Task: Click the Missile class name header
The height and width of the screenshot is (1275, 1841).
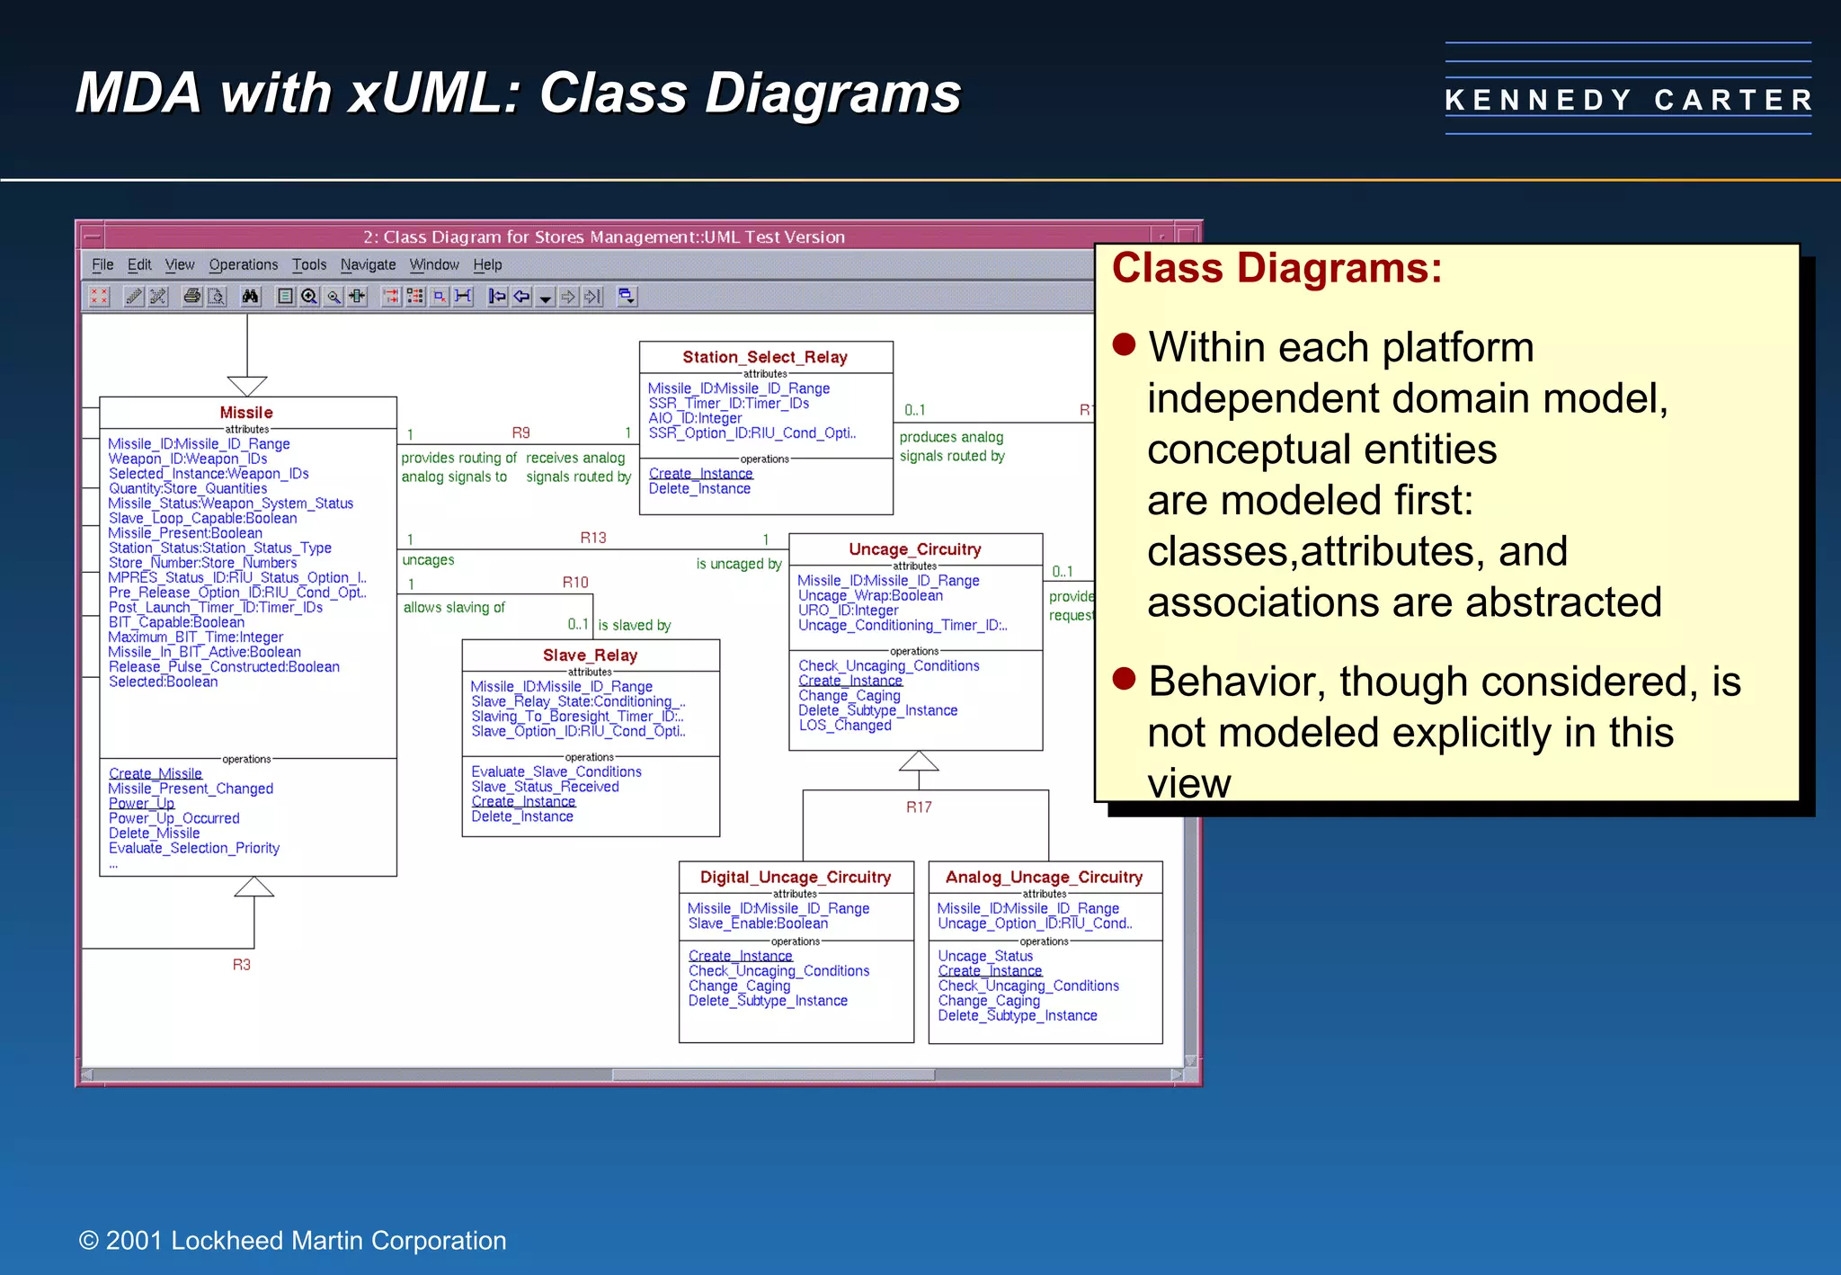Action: point(246,413)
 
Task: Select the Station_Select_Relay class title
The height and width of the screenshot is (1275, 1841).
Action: point(765,357)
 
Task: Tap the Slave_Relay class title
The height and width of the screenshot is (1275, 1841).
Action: point(590,655)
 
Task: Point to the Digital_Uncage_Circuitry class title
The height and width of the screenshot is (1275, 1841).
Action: point(796,877)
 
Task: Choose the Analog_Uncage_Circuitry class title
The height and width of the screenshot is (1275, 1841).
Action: point(1044,877)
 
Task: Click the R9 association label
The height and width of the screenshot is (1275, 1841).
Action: point(520,432)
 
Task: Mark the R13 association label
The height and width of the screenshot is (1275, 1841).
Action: point(593,538)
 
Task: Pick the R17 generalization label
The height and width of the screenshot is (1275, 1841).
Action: point(919,807)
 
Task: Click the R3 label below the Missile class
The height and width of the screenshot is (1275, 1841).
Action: point(241,965)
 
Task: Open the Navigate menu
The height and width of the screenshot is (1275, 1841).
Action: point(368,264)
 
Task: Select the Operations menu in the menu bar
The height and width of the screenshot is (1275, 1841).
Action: point(243,264)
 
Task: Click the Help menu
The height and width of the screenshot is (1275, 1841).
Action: point(487,264)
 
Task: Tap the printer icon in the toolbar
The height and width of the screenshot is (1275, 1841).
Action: point(191,296)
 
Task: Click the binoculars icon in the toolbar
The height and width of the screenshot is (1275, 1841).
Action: point(251,296)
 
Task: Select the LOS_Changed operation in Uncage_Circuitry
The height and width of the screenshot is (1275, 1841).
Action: point(845,726)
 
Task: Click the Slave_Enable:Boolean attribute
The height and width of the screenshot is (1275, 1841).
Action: point(758,923)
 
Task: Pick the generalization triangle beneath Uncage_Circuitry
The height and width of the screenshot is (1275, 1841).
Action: point(919,762)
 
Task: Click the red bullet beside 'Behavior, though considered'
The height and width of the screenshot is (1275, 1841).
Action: point(1124,678)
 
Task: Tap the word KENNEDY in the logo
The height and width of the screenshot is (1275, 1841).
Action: point(1538,100)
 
